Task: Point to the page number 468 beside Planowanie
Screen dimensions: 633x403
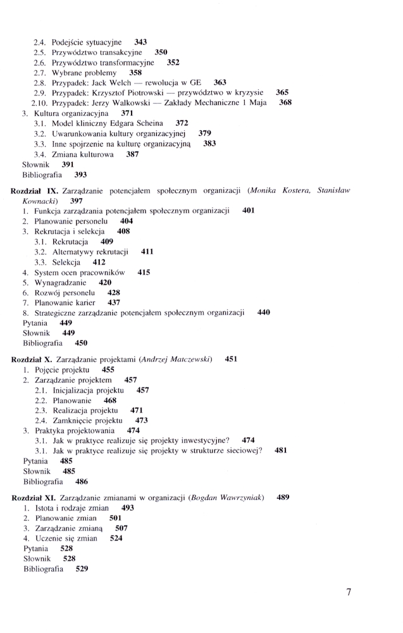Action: coord(110,400)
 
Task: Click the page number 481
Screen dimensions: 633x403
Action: coord(281,451)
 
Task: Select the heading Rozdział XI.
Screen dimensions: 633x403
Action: coord(35,498)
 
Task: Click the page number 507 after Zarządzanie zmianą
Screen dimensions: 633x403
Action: coord(121,528)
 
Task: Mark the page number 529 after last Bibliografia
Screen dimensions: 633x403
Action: coord(82,569)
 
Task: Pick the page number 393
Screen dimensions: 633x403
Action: coord(80,174)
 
